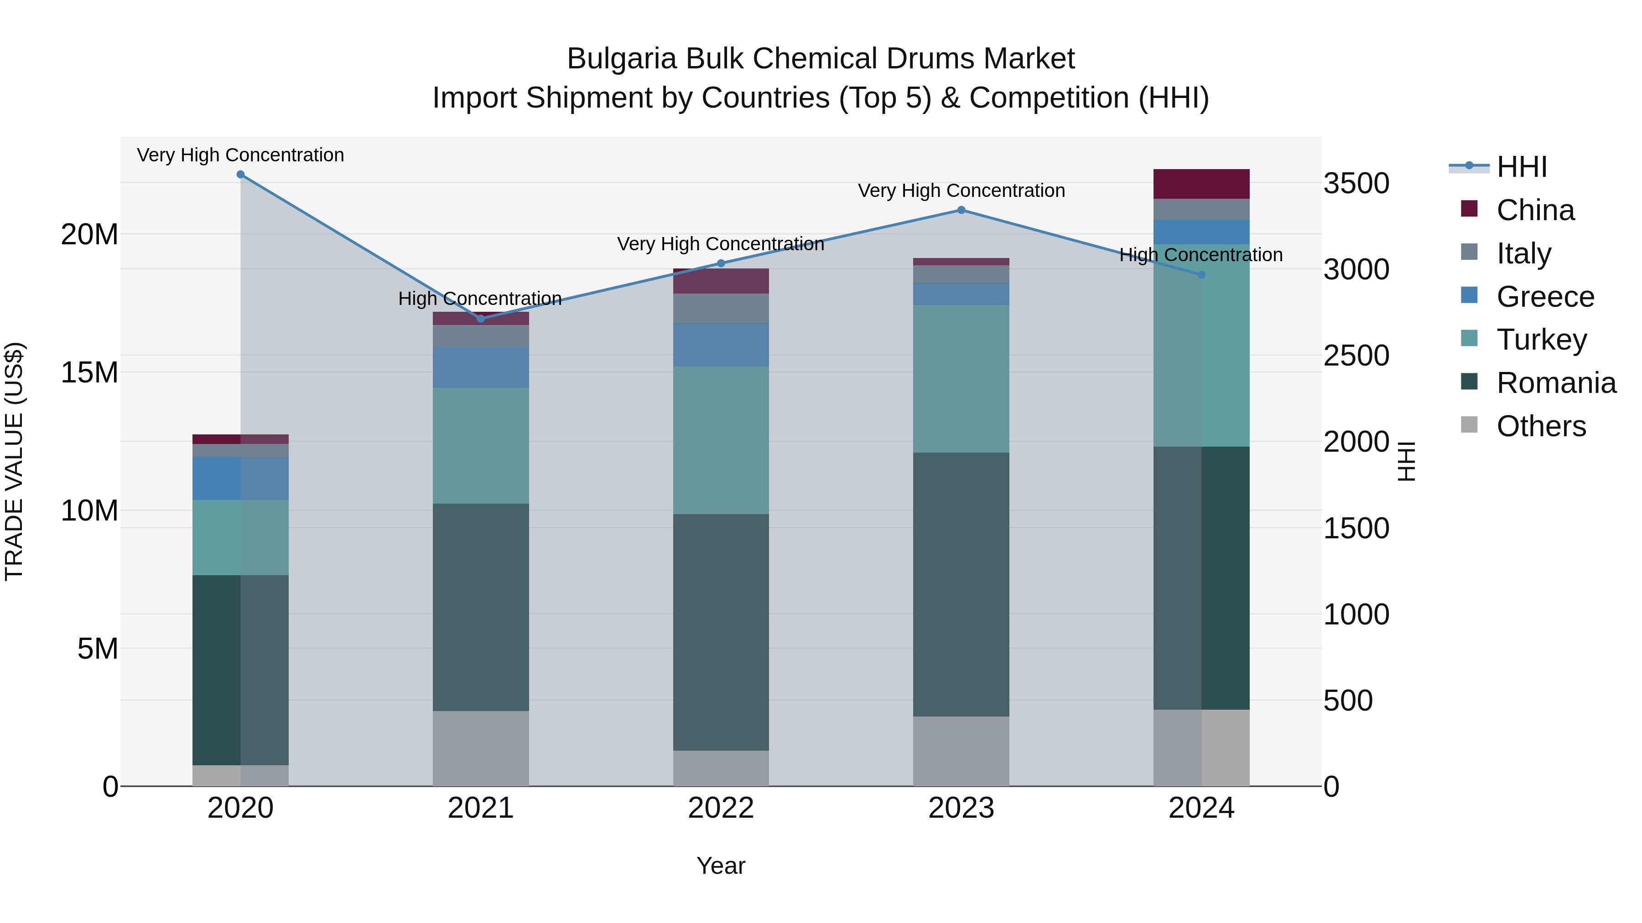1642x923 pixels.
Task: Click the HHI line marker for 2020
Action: pyautogui.click(x=240, y=175)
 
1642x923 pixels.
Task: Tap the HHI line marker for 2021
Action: pyautogui.click(x=481, y=319)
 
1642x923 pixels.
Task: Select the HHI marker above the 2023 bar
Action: pyautogui.click(x=961, y=210)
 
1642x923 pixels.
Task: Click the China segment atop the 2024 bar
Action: pyautogui.click(x=1201, y=184)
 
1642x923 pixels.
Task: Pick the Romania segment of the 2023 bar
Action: pyautogui.click(x=961, y=584)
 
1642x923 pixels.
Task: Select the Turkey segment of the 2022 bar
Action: pyautogui.click(x=721, y=440)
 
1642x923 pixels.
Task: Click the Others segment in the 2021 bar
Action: pyautogui.click(x=481, y=748)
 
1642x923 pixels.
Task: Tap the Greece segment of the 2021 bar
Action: pyautogui.click(x=481, y=367)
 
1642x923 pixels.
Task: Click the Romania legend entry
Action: pyautogui.click(x=1555, y=383)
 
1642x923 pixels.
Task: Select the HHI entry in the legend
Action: pyautogui.click(x=1521, y=167)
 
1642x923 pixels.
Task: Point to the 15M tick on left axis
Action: pyautogui.click(x=89, y=373)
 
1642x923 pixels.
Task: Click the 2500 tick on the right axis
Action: pyautogui.click(x=1356, y=356)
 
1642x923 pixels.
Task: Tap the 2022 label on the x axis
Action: pyautogui.click(x=721, y=808)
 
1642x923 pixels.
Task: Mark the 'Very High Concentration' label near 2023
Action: pyautogui.click(x=961, y=191)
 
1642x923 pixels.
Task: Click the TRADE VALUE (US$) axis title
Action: pyautogui.click(x=14, y=461)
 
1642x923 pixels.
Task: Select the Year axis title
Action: pyautogui.click(x=721, y=866)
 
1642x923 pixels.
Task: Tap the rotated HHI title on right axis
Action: pyautogui.click(x=1406, y=461)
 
